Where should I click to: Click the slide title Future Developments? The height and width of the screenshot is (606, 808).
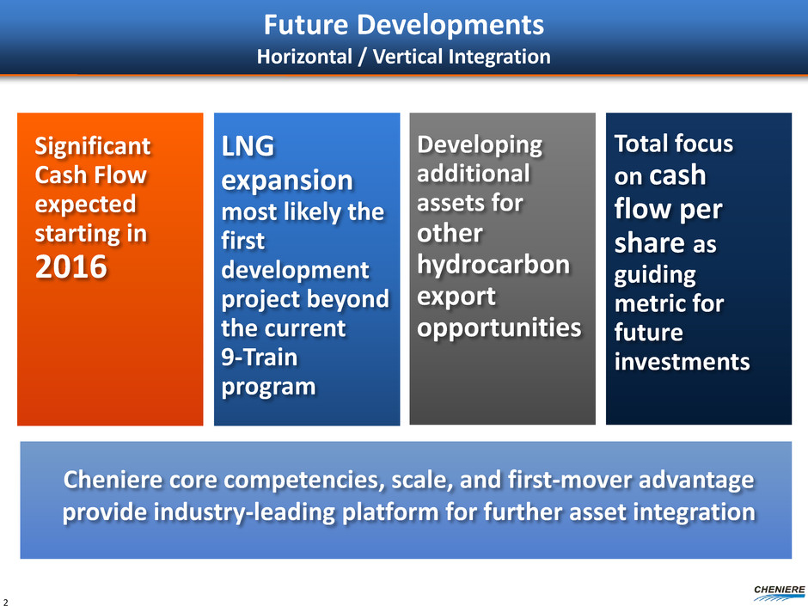click(x=403, y=25)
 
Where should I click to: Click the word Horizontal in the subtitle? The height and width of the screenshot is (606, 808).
click(x=304, y=57)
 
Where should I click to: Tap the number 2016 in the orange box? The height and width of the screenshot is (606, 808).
click(x=71, y=267)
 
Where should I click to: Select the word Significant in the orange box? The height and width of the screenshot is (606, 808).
click(x=93, y=147)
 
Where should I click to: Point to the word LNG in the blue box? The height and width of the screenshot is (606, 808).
click(x=248, y=146)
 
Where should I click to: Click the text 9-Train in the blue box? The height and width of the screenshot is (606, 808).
click(x=260, y=357)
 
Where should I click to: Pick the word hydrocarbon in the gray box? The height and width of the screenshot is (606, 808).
click(x=493, y=265)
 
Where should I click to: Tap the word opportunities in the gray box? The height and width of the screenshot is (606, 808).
click(x=499, y=328)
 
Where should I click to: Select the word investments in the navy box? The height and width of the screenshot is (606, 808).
click(x=682, y=362)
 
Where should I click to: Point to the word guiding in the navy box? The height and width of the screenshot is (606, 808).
click(x=655, y=275)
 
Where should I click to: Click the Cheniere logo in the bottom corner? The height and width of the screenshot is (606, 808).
click(x=779, y=592)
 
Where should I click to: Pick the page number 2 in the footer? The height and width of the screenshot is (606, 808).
click(x=6, y=602)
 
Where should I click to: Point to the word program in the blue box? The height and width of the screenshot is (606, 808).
click(x=268, y=388)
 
